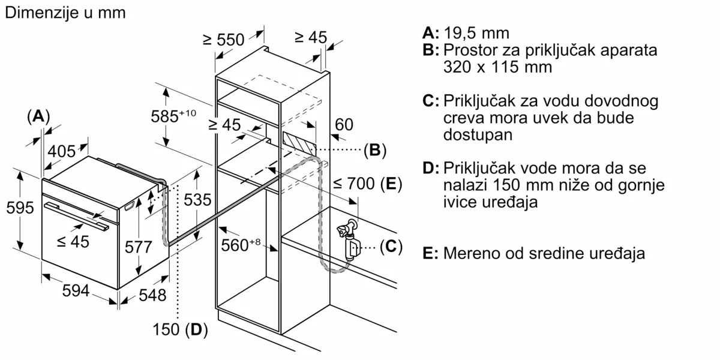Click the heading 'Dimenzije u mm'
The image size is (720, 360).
(x=65, y=13)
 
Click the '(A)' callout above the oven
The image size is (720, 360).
(x=38, y=116)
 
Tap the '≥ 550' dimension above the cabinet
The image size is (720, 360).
(x=223, y=40)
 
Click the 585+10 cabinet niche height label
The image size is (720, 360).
(x=173, y=116)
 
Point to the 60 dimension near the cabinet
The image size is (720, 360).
(x=344, y=125)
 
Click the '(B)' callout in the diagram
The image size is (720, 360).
(x=375, y=150)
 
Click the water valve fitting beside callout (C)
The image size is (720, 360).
(x=348, y=238)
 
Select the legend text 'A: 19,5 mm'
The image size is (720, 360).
(x=466, y=33)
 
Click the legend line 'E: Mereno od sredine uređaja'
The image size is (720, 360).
(x=533, y=253)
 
